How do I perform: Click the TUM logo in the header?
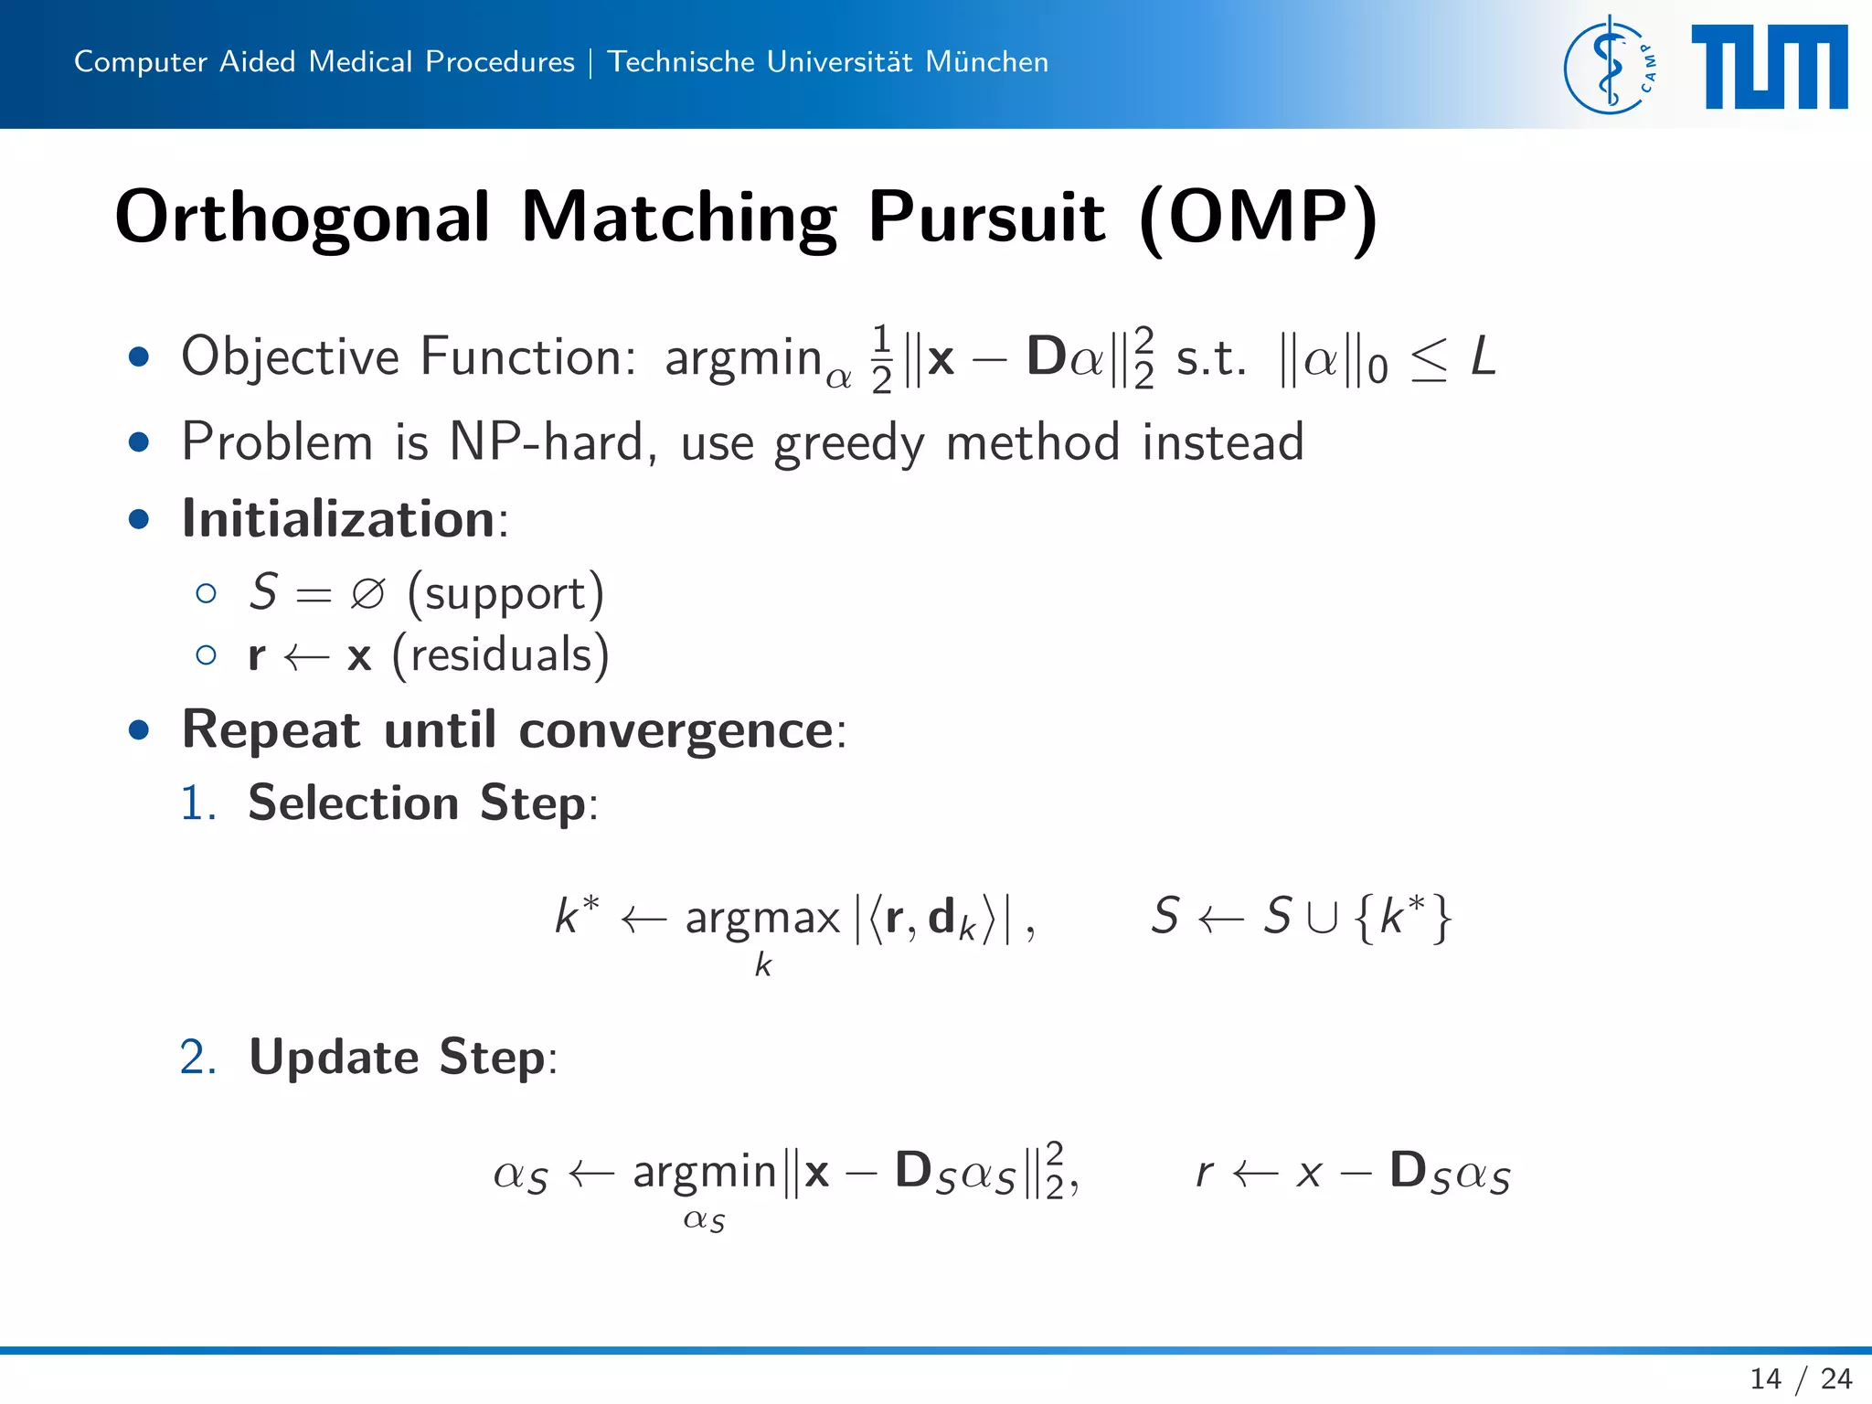1769,66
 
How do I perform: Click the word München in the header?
986,61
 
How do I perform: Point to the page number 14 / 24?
1800,1377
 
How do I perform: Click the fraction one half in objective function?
881,358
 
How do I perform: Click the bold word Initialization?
338,519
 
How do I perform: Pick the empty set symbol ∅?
367,594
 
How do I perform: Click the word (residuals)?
500,655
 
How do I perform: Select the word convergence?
675,730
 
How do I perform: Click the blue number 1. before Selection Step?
197,803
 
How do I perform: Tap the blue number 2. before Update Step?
197,1058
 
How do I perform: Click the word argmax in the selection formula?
762,917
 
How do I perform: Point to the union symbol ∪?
1322,917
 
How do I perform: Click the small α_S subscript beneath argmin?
704,1220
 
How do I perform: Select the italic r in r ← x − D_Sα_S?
1205,1173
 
